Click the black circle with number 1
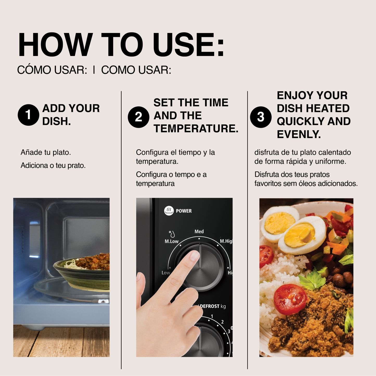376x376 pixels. click(x=28, y=115)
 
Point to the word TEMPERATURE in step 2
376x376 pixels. click(x=196, y=129)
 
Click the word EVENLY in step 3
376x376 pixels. click(x=298, y=135)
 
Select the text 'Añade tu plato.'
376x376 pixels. click(x=46, y=152)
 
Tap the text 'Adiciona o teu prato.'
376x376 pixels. click(x=53, y=165)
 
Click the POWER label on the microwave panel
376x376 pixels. click(x=184, y=211)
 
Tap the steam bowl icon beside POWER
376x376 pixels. click(x=169, y=211)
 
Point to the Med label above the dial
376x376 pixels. click(x=199, y=232)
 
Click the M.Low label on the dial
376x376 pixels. click(x=171, y=241)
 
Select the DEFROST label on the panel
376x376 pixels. click(x=210, y=306)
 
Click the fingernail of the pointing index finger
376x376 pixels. click(x=194, y=256)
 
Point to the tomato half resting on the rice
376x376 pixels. click(x=290, y=299)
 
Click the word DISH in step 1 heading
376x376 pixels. click(x=56, y=122)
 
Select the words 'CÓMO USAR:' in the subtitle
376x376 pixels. click(x=52, y=70)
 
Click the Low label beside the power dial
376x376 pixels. click(x=165, y=273)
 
